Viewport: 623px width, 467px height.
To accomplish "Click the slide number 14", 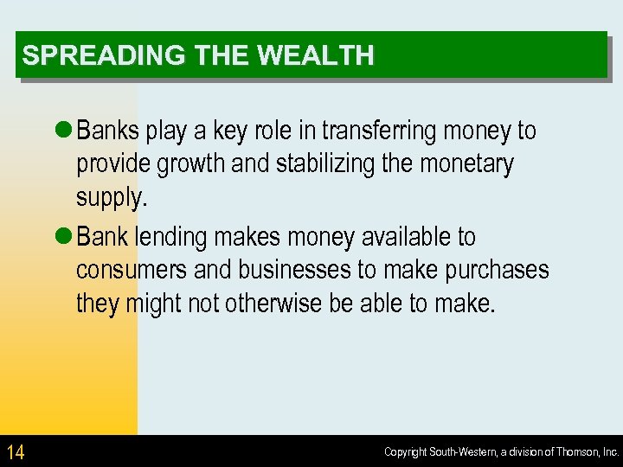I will coord(16,451).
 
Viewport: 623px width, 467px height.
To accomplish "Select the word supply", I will coord(111,197).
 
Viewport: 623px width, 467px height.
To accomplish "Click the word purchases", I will coord(497,270).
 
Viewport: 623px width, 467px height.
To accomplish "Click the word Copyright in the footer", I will coord(406,452).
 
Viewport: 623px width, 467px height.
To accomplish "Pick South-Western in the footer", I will coord(460,452).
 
